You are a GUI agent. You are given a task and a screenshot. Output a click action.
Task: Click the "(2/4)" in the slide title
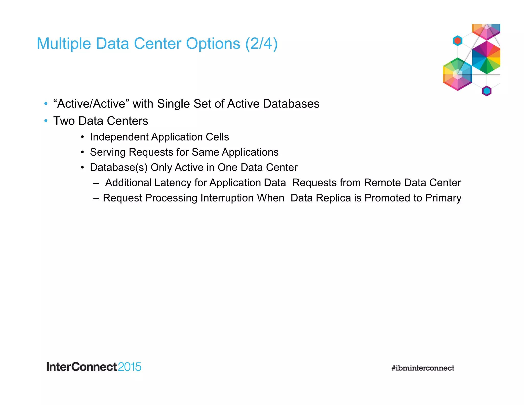pyautogui.click(x=261, y=44)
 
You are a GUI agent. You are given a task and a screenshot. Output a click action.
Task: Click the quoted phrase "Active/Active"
pyautogui.click(x=89, y=104)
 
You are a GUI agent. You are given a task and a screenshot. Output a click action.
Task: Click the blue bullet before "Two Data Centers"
pyautogui.click(x=46, y=121)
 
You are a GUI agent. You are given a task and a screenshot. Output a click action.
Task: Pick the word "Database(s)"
pyautogui.click(x=119, y=168)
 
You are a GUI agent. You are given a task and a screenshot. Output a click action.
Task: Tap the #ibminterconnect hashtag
pyautogui.click(x=423, y=368)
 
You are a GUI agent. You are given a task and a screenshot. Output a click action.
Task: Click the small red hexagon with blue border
pyautogui.click(x=457, y=41)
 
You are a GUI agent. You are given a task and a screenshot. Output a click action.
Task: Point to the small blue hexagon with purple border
pyautogui.click(x=486, y=91)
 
